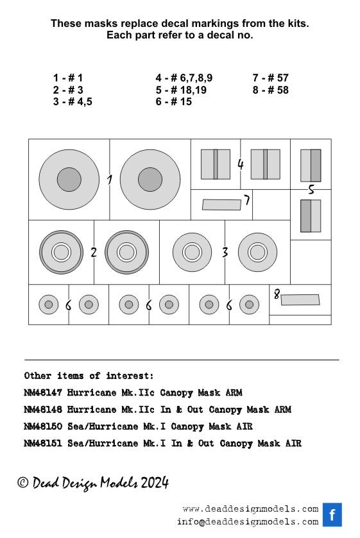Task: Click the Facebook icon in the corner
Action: [332, 514]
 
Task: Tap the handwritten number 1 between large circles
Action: [109, 180]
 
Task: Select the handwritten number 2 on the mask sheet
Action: [94, 252]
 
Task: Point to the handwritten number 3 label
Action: [225, 252]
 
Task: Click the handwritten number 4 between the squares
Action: [240, 164]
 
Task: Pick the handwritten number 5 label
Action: [311, 190]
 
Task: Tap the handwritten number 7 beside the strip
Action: [246, 201]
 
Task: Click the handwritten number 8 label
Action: [277, 294]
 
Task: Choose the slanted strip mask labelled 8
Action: [300, 299]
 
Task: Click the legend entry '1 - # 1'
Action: [68, 78]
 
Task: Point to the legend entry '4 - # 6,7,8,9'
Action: [184, 78]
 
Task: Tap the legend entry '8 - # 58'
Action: [270, 90]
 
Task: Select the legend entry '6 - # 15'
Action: [173, 101]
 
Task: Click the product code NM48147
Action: [43, 392]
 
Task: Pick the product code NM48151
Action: [43, 443]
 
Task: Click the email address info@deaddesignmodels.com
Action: [248, 521]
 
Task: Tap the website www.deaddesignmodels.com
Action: [250, 509]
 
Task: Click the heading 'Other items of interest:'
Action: [89, 376]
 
